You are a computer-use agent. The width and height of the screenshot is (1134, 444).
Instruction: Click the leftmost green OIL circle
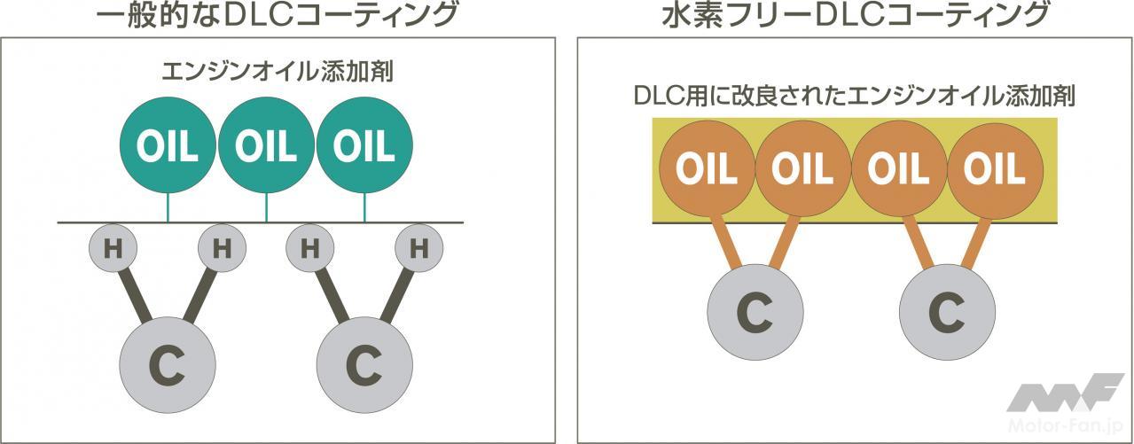[x=168, y=145]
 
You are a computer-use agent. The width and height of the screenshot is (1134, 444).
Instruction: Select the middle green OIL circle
[x=266, y=145]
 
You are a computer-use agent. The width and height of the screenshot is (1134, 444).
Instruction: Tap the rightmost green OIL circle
[x=364, y=145]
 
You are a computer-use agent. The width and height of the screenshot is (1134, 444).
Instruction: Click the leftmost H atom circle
[x=113, y=248]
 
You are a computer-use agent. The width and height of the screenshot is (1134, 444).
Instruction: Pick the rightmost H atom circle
[x=418, y=248]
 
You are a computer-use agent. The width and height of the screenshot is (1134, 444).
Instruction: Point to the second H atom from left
[x=222, y=248]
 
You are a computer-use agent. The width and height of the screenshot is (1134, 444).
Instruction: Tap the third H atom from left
[x=309, y=248]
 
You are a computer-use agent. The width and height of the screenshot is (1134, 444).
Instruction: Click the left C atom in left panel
[x=168, y=365]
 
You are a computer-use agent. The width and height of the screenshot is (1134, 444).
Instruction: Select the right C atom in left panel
[x=364, y=365]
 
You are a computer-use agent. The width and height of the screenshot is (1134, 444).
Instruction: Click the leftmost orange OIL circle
[x=708, y=169]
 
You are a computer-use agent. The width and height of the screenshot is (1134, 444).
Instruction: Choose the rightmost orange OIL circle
[x=996, y=169]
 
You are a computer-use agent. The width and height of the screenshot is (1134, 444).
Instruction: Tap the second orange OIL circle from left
[x=803, y=169]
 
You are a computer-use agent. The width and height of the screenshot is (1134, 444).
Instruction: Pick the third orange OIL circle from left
[x=899, y=169]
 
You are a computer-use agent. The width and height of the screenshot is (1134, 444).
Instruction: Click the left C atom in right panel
[x=755, y=312]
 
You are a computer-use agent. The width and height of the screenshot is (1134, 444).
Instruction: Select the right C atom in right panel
[x=947, y=312]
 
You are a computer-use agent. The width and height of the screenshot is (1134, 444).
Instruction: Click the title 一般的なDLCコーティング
[x=277, y=15]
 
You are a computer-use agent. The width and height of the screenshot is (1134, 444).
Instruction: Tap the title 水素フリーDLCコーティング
[x=855, y=15]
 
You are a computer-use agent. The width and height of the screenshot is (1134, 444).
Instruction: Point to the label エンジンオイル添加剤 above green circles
[x=278, y=72]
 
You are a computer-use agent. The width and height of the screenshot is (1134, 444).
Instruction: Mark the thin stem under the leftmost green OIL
[x=168, y=207]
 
